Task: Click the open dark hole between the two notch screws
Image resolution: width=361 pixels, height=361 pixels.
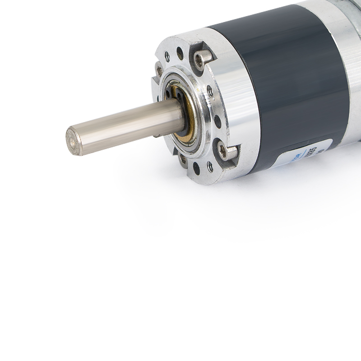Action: click(x=218, y=121)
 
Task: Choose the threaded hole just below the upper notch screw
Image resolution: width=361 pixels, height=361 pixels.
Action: click(x=210, y=91)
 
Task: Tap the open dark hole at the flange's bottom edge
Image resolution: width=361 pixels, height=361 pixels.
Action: click(x=196, y=168)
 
